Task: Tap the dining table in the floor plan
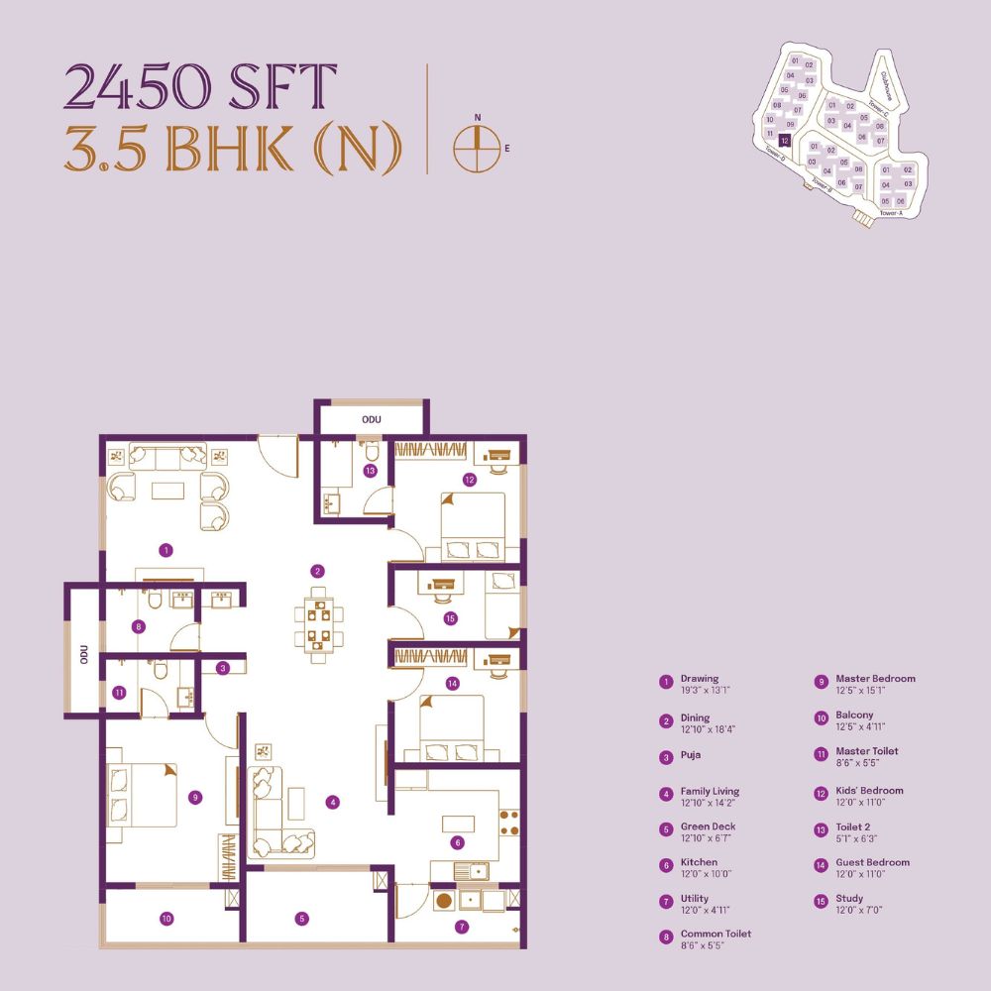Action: (x=317, y=624)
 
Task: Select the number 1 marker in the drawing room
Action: (x=166, y=548)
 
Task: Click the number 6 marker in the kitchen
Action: (x=457, y=843)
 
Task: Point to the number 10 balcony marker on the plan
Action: (x=166, y=919)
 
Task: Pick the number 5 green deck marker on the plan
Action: (x=302, y=919)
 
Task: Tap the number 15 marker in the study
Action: (x=451, y=618)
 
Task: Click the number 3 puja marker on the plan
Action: (x=224, y=668)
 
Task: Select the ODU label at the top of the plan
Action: (x=372, y=419)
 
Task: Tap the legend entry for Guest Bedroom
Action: (x=872, y=862)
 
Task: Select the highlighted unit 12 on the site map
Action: (x=784, y=142)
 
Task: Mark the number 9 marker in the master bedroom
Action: (x=196, y=796)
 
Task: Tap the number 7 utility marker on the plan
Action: (x=462, y=928)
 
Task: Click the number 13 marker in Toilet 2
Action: (x=370, y=471)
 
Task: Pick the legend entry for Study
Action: (x=849, y=899)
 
